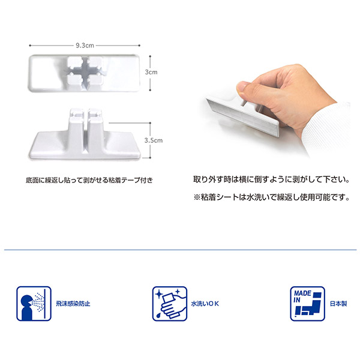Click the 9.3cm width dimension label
click(x=85, y=46)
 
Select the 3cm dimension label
click(x=151, y=72)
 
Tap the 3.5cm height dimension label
click(x=154, y=140)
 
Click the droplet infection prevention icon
click(x=34, y=304)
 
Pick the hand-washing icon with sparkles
click(x=170, y=304)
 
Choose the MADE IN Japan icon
click(x=307, y=304)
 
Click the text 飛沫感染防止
click(x=73, y=304)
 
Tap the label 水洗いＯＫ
click(x=205, y=304)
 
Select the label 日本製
click(x=338, y=304)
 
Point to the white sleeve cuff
click(x=328, y=128)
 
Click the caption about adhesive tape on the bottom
click(x=89, y=180)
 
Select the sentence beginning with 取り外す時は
click(x=271, y=179)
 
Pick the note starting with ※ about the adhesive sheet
click(x=271, y=197)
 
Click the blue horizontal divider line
click(x=180, y=250)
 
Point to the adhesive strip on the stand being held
click(x=243, y=117)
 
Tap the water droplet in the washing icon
click(x=158, y=315)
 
